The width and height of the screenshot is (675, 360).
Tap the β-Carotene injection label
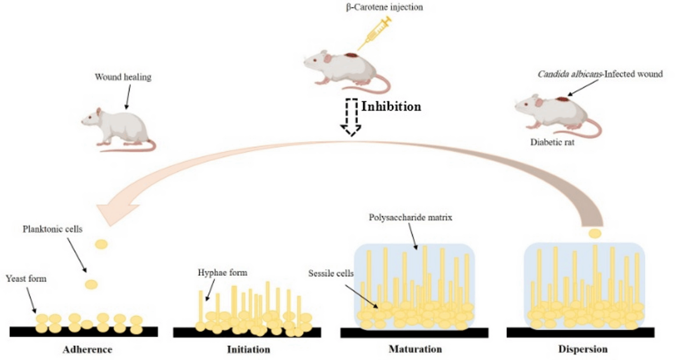tap(384, 7)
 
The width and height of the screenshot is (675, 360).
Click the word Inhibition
tap(391, 107)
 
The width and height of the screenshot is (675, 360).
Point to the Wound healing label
tap(123, 77)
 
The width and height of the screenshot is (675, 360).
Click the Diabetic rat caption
tap(552, 142)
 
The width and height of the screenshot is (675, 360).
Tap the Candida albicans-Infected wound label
tap(600, 74)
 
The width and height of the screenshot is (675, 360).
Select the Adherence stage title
tap(87, 349)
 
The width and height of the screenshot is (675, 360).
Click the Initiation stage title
tap(249, 349)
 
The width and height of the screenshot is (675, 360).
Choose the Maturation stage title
tap(415, 349)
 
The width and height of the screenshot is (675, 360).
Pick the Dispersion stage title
tap(583, 349)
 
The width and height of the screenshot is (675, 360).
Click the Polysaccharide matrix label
tap(410, 218)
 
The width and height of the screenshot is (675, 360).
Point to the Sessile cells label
tap(330, 274)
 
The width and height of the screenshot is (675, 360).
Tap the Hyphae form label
tap(222, 272)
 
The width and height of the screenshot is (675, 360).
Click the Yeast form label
tap(26, 279)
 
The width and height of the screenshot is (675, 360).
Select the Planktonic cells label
tap(52, 229)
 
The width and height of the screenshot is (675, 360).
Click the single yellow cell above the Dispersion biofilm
tap(595, 233)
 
